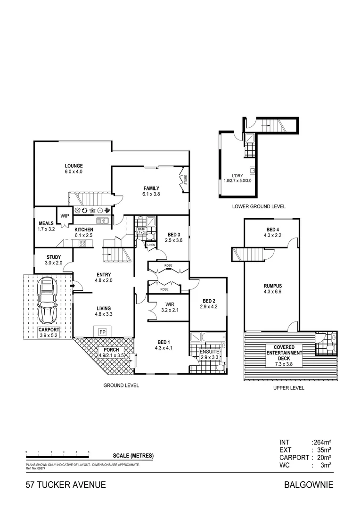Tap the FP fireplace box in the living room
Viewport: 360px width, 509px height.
tap(102, 331)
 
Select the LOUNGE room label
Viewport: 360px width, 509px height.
tap(74, 165)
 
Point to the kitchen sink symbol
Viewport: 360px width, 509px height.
tap(102, 221)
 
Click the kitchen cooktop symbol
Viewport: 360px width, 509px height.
tap(82, 243)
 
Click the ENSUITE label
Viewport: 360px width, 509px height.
tap(208, 351)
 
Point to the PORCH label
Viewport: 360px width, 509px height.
tap(108, 350)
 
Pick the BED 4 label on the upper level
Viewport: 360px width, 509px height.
tap(272, 230)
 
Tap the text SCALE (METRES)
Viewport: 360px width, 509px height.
tap(133, 456)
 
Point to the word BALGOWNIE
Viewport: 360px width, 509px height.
tap(309, 484)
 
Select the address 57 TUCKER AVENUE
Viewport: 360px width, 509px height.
tap(65, 484)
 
